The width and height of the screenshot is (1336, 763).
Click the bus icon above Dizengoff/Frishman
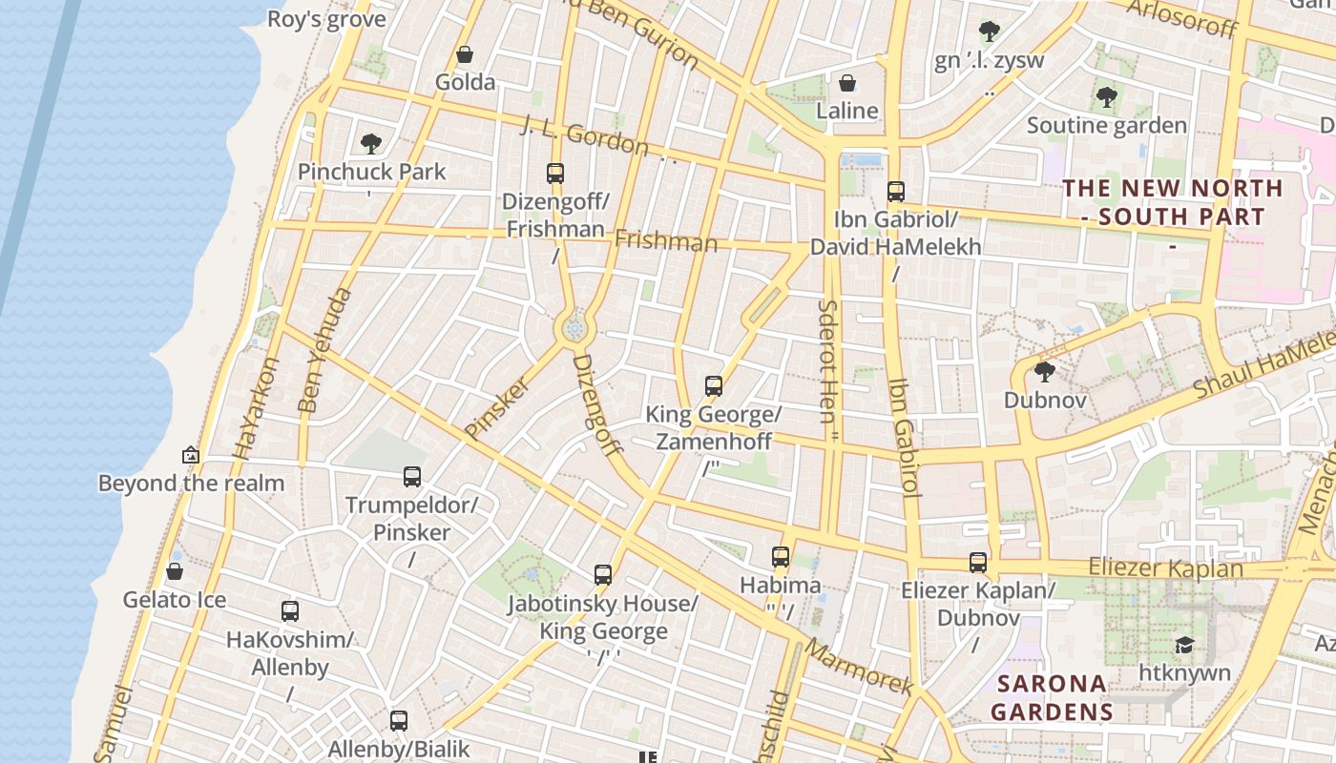point(555,174)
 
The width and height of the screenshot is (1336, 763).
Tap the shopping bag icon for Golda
point(465,54)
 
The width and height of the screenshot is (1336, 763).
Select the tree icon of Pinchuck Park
point(371,144)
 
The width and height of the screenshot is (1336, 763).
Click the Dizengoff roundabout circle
point(574,329)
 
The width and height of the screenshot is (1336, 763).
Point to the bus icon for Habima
point(781,557)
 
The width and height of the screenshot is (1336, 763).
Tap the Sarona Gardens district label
point(1052,697)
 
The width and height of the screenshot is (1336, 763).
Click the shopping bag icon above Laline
point(846,84)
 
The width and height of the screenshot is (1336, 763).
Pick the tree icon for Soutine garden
point(1106,97)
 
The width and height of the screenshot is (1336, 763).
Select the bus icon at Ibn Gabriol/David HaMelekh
point(895,192)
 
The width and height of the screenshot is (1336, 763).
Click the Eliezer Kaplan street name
point(1165,568)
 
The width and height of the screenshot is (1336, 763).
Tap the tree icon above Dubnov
point(1044,372)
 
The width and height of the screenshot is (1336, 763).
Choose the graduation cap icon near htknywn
point(1184,646)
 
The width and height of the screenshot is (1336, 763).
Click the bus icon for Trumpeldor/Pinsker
point(412,477)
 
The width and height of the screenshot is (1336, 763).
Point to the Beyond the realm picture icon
point(191,456)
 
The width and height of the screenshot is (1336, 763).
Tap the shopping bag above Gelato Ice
point(175,572)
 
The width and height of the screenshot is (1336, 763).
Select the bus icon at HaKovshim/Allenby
point(290,611)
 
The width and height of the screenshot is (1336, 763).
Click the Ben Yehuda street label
point(324,351)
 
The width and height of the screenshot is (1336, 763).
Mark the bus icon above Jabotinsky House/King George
point(603,575)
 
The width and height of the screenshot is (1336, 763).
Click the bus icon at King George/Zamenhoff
point(714,386)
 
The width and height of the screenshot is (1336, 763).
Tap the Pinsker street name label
point(497,408)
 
